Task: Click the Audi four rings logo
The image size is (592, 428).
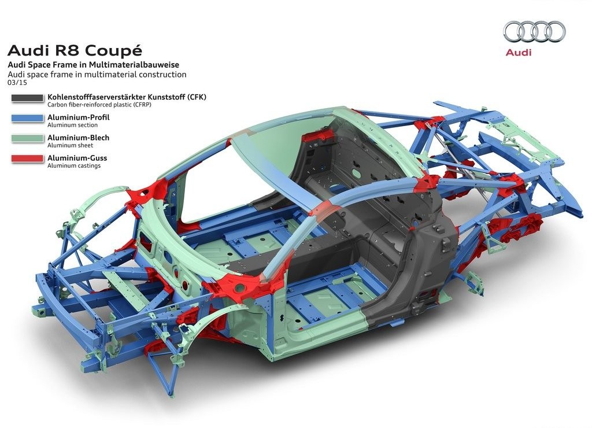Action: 534,31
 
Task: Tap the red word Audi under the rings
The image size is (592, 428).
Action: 519,53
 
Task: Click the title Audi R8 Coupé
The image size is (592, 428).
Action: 75,51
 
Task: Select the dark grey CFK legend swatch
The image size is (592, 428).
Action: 27,98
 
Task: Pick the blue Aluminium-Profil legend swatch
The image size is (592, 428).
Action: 27,118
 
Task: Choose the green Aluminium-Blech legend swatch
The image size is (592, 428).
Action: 27,139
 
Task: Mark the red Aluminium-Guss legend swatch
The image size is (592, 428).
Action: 27,159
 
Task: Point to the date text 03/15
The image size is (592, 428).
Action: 17,82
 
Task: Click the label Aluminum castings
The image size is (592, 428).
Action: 74,165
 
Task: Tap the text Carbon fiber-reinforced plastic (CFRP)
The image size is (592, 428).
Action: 99,105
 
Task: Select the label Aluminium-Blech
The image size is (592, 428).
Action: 78,138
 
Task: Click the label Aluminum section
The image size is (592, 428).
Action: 72,125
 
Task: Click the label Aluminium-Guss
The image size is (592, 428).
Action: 77,158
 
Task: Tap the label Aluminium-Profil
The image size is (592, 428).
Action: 79,117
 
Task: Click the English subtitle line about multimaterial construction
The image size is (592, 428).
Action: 97,75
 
